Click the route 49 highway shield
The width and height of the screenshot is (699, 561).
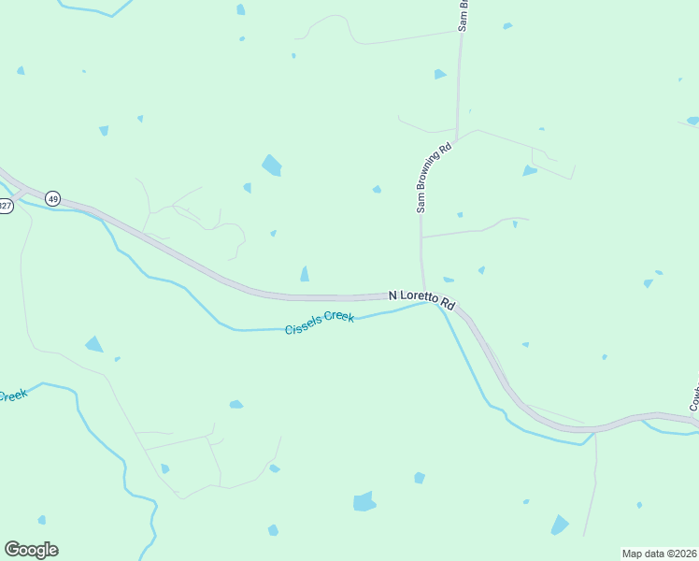(x=52, y=198)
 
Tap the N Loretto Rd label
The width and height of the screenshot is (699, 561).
(x=421, y=299)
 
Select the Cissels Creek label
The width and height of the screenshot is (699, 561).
(x=320, y=323)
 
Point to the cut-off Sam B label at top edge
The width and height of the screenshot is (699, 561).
(x=462, y=16)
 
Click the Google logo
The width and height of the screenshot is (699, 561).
(x=31, y=550)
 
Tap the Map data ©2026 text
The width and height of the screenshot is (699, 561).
(x=660, y=554)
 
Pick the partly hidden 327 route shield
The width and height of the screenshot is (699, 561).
(x=5, y=207)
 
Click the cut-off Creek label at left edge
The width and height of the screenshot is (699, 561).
(x=12, y=396)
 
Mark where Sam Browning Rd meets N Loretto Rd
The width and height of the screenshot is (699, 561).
(x=424, y=294)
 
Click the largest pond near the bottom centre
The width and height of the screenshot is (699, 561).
(x=364, y=502)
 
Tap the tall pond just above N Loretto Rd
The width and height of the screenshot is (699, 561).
(x=305, y=273)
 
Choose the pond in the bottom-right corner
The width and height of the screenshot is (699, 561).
(x=560, y=525)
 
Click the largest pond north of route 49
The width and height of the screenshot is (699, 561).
(x=271, y=165)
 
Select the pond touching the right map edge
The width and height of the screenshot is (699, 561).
(x=692, y=121)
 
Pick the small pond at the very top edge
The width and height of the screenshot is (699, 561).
(x=240, y=9)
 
